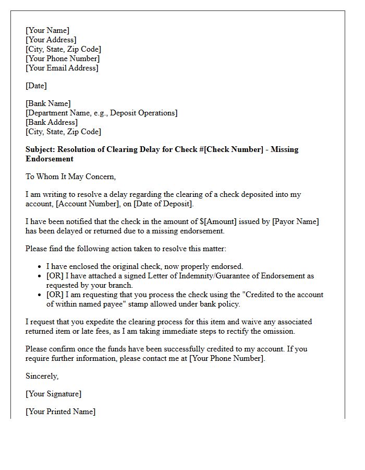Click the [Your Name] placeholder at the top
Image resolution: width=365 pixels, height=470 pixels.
tap(47, 30)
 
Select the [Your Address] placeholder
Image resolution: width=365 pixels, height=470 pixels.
tap(51, 40)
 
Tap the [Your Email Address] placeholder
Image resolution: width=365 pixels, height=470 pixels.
tap(62, 68)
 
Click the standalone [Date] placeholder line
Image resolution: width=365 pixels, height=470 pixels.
tap(36, 86)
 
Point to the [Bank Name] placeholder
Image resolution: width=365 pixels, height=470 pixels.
tap(48, 103)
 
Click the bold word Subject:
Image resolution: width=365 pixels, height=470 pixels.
tap(41, 149)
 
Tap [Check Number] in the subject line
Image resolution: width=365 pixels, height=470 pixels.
tap(234, 149)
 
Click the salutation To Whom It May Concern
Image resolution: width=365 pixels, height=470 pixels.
tap(70, 177)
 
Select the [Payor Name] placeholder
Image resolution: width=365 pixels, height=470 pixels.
tap(295, 221)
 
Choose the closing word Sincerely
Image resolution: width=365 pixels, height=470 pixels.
tap(42, 376)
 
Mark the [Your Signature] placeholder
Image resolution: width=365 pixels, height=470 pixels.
tap(53, 394)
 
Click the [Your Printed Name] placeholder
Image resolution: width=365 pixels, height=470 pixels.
tap(60, 412)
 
